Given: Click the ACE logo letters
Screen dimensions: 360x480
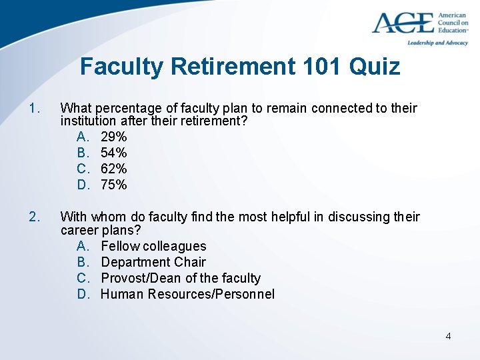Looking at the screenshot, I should [402, 23].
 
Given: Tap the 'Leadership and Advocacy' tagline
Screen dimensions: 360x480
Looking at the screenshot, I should [437, 43].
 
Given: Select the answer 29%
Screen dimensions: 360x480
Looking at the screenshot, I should [113, 137].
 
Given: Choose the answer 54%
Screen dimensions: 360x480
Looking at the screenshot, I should [113, 153].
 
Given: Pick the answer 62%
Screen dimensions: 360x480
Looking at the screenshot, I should [113, 169].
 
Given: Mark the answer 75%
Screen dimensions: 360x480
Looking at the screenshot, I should [113, 185].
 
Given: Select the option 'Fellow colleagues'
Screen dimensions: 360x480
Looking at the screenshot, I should [153, 246].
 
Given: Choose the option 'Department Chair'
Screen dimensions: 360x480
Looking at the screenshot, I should [153, 262].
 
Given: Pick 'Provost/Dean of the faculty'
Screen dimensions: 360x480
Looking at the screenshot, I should [180, 278].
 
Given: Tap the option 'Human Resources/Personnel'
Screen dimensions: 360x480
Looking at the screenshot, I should [187, 294].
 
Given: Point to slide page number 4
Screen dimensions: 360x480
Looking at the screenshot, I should [448, 336].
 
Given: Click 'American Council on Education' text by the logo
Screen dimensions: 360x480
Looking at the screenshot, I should [453, 23].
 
